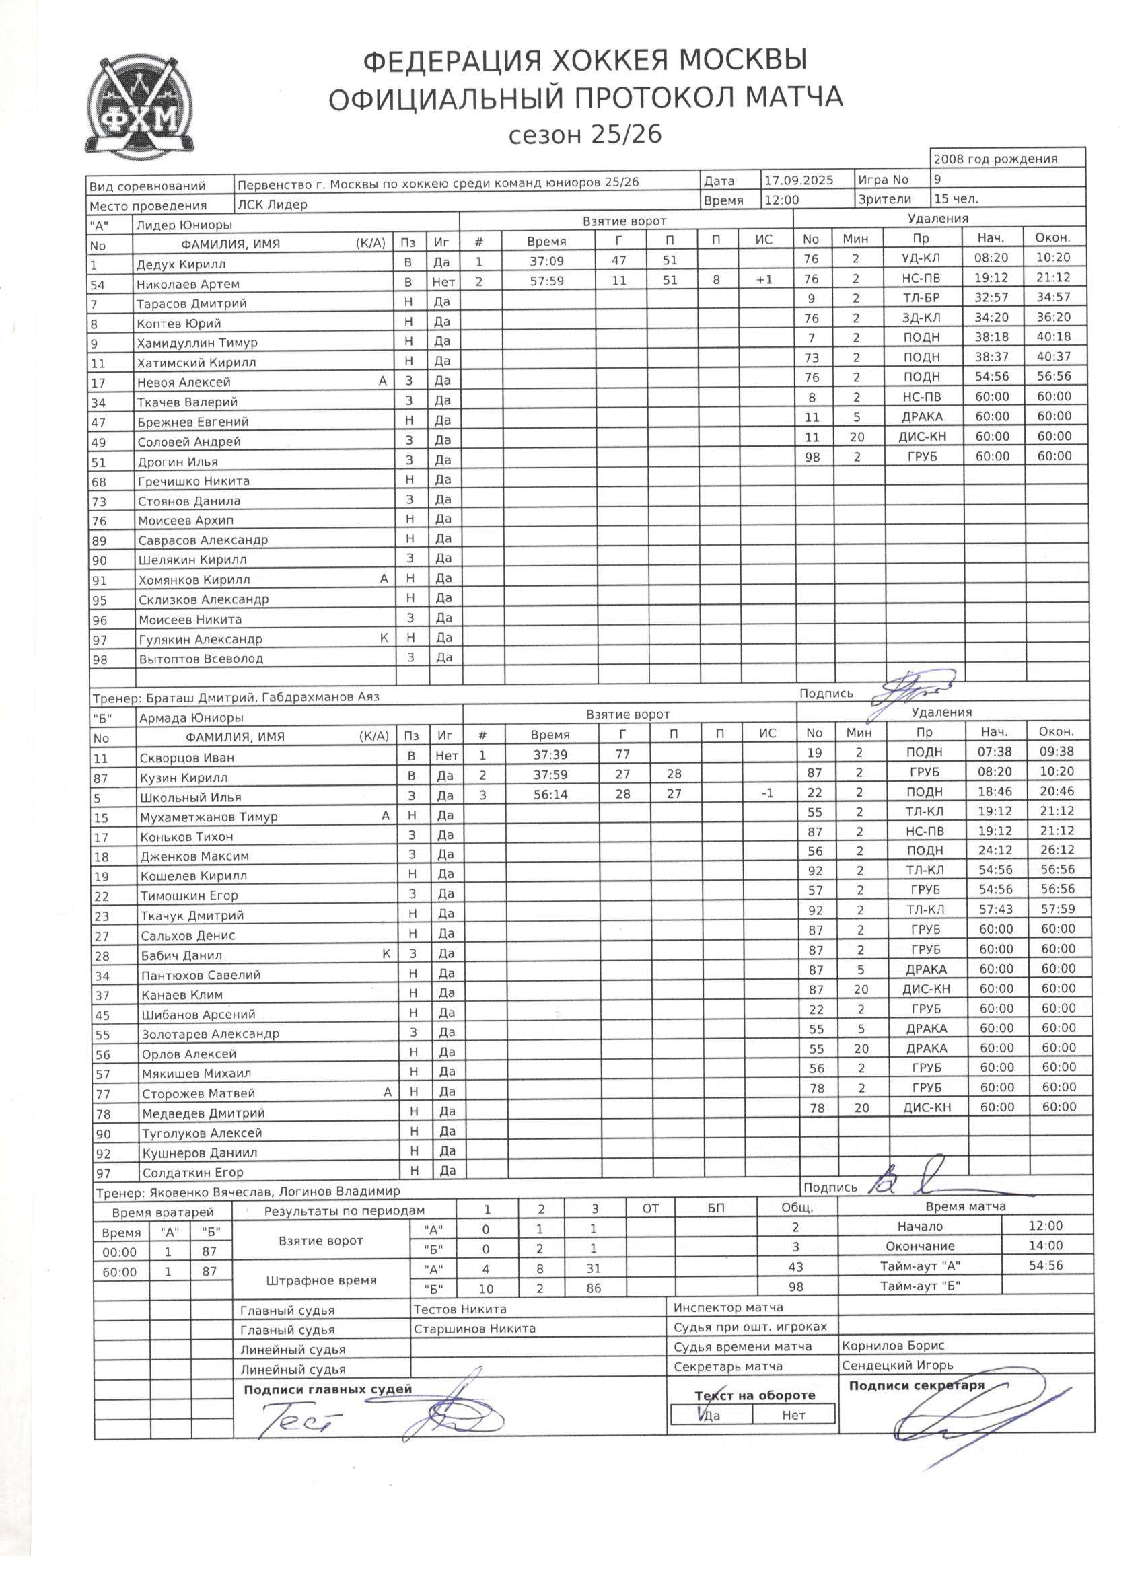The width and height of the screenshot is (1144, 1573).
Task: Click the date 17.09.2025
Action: (x=799, y=180)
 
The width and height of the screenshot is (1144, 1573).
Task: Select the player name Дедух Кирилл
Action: (x=181, y=264)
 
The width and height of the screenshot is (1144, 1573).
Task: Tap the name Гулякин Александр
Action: (x=201, y=639)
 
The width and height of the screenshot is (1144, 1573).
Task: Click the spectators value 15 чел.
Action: (x=957, y=199)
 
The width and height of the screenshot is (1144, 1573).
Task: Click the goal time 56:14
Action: (x=550, y=794)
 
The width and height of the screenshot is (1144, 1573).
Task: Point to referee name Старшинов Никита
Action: (x=474, y=1329)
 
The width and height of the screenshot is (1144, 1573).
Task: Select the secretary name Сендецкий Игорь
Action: (x=897, y=1365)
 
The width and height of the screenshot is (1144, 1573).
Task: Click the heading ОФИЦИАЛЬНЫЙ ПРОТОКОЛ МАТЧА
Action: (x=585, y=98)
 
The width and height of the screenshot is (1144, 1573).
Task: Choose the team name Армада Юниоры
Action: (x=191, y=719)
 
